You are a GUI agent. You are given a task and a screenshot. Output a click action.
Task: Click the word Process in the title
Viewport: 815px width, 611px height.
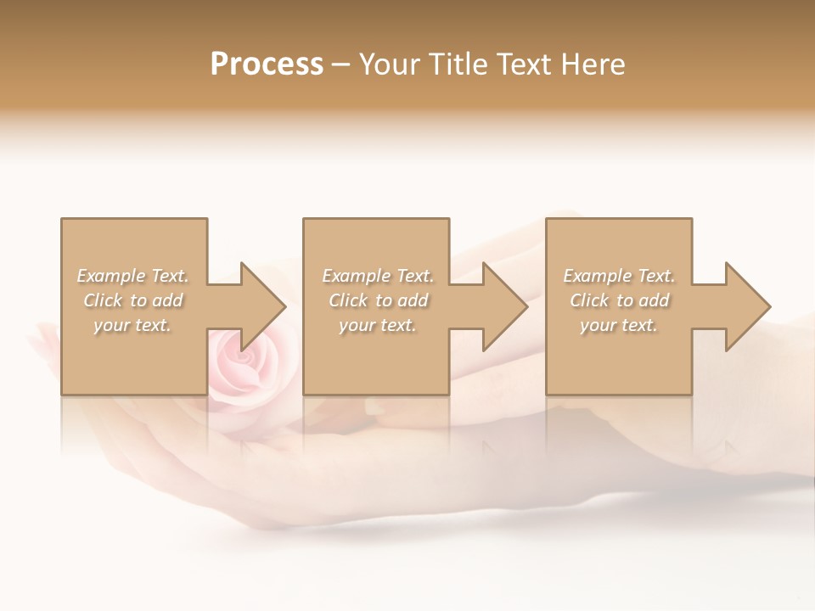pyautogui.click(x=267, y=64)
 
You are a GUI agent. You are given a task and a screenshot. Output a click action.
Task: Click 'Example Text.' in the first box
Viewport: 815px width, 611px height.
pyautogui.click(x=133, y=276)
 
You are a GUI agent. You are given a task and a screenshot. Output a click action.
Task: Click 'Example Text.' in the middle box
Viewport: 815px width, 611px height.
pyautogui.click(x=378, y=276)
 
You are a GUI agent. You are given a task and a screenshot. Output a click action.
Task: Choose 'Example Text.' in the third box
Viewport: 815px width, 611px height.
pyautogui.click(x=619, y=276)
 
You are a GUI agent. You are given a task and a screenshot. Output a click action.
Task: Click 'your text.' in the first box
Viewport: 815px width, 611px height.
pyautogui.click(x=133, y=325)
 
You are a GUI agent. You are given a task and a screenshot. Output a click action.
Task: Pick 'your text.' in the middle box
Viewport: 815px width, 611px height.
pyautogui.click(x=378, y=325)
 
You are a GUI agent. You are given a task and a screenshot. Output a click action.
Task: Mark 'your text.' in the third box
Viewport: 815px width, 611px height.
pyautogui.click(x=619, y=325)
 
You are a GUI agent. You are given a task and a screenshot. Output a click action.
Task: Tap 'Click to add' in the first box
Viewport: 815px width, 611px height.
pyautogui.click(x=133, y=300)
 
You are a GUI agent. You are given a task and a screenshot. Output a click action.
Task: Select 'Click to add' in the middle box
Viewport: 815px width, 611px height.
pyautogui.click(x=378, y=300)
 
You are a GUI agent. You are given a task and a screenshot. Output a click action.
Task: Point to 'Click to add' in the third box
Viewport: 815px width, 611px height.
pyautogui.click(x=619, y=300)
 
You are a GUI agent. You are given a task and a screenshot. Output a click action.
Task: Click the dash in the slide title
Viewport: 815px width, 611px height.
pyautogui.click(x=340, y=65)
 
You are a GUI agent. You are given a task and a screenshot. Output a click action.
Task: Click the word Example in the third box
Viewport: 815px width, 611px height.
pyautogui.click(x=598, y=276)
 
